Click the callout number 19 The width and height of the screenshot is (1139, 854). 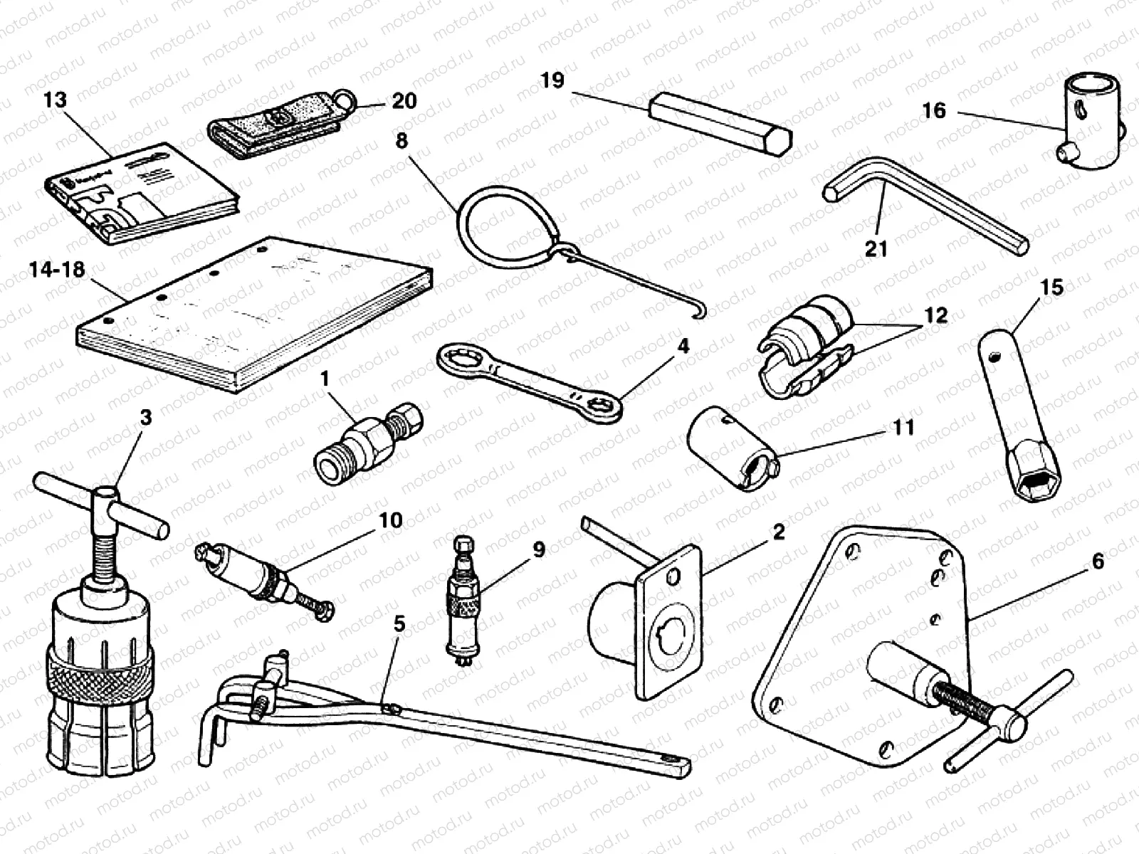[552, 80]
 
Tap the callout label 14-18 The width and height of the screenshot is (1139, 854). [57, 270]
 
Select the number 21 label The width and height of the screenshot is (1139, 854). [876, 248]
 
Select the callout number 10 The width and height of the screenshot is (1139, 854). [391, 521]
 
